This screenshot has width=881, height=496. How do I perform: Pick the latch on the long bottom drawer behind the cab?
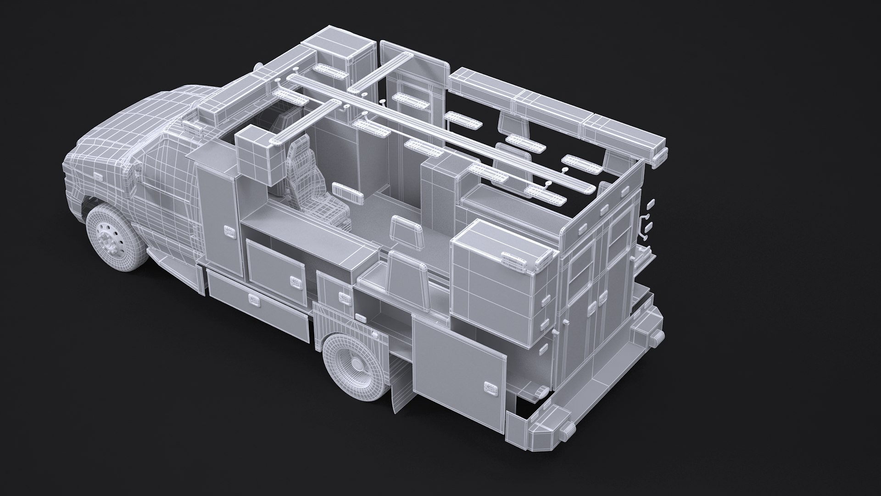click(254, 299)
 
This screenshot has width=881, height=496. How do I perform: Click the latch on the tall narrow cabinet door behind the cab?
click(229, 231)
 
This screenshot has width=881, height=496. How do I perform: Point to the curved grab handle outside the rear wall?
click(643, 226)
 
